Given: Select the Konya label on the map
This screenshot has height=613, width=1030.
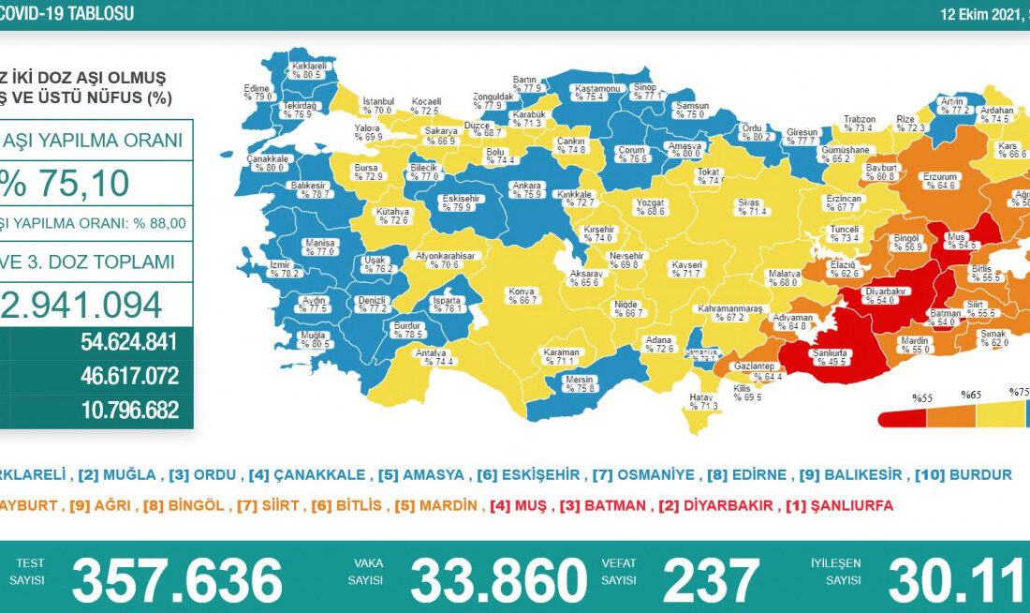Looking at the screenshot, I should tap(522, 295).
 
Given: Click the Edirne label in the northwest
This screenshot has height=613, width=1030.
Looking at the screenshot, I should tap(257, 92).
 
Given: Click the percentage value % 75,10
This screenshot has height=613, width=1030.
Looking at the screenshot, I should tap(66, 184).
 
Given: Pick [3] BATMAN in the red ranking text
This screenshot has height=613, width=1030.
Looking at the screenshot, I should tap(603, 505).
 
